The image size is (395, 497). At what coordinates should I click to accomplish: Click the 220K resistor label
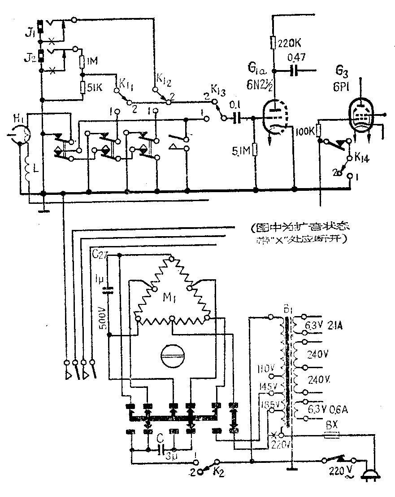tap(291, 44)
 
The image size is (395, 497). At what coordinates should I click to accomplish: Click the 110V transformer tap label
tap(266, 369)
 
